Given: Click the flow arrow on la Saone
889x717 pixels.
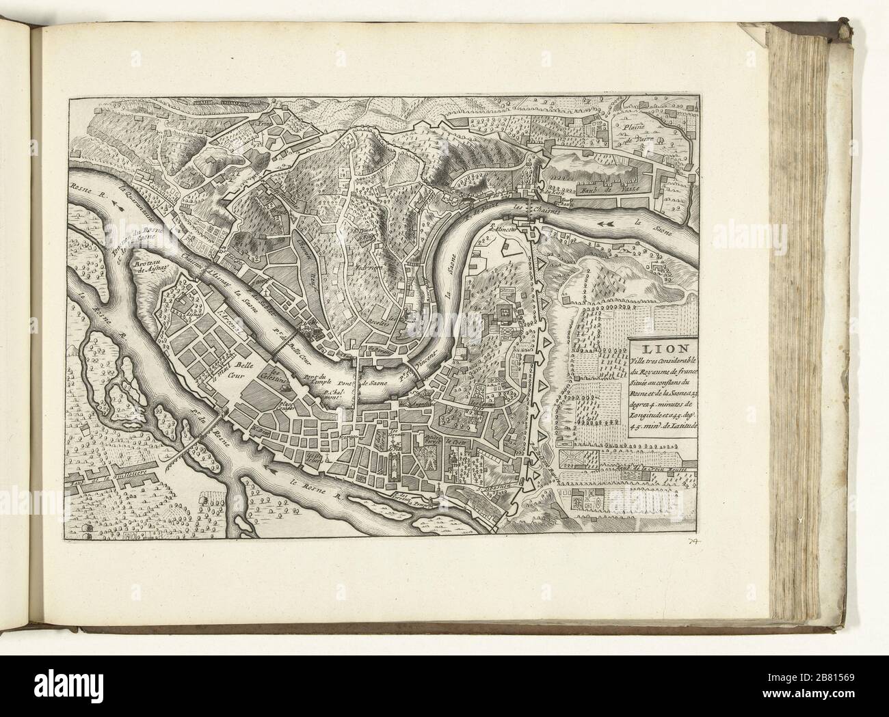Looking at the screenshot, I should tap(605, 204).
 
